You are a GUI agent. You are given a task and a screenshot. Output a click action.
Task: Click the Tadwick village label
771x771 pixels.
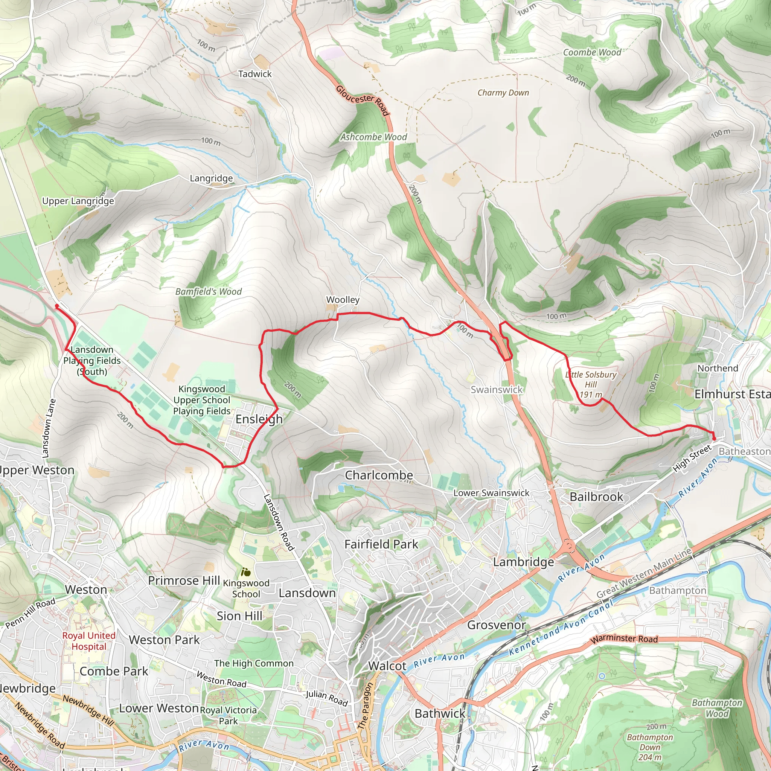(x=254, y=74)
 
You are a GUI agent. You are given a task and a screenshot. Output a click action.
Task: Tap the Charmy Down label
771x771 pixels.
(x=503, y=93)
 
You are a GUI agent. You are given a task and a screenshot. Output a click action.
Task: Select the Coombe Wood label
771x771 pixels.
(x=592, y=52)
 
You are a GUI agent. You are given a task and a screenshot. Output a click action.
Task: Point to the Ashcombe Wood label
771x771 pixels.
(x=373, y=137)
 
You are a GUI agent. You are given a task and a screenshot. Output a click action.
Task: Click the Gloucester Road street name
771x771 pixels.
(x=362, y=100)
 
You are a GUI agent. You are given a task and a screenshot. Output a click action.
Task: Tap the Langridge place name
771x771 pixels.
(x=211, y=178)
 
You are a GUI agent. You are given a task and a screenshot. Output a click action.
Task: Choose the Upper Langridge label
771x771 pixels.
(x=78, y=201)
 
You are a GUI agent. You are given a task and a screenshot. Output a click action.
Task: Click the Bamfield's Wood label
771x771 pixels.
(x=208, y=291)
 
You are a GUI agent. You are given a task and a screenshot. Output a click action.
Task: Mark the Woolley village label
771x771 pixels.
(x=343, y=299)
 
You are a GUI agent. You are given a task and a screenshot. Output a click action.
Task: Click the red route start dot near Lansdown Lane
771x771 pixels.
(x=57, y=306)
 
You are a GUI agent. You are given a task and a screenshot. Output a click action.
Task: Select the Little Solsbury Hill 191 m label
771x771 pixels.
(x=591, y=384)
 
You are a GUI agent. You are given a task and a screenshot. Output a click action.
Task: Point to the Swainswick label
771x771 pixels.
(x=497, y=390)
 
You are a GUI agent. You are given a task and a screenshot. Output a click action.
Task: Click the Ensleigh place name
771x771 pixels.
(x=259, y=419)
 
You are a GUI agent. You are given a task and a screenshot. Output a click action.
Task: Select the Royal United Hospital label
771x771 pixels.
(x=89, y=641)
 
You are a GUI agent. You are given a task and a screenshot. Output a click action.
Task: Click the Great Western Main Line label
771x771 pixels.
(x=644, y=573)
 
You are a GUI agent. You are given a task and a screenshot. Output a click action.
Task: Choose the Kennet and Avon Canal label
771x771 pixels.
(x=560, y=628)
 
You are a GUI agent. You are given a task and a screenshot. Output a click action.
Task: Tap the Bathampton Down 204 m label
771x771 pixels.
(x=650, y=747)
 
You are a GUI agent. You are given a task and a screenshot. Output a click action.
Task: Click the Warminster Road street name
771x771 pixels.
(x=624, y=638)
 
